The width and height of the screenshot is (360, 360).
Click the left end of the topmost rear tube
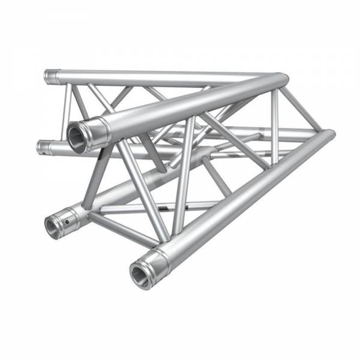pos(49,77)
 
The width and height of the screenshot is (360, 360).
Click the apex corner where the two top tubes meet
pos(279,80)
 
